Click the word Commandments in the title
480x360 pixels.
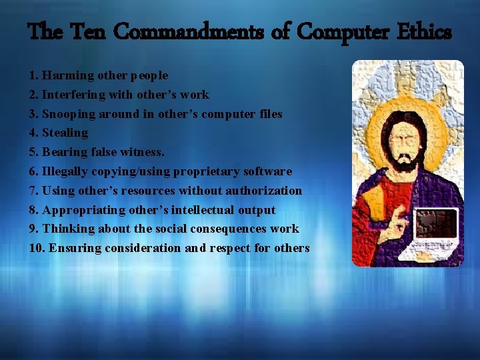[x=161, y=31]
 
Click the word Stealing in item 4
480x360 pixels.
[x=65, y=133]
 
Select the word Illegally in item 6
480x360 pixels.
[x=67, y=171]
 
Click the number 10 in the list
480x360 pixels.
[x=36, y=248]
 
